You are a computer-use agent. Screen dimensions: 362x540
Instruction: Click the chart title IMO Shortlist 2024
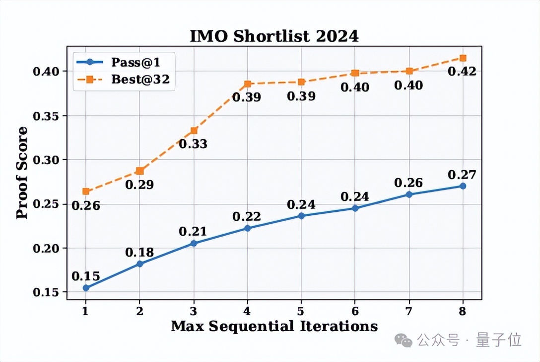point(274,36)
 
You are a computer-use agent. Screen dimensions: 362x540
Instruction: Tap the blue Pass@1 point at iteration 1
point(86,288)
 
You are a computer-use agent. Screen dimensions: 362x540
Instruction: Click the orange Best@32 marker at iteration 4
point(247,84)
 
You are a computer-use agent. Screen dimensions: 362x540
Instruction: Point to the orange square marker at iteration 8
point(463,58)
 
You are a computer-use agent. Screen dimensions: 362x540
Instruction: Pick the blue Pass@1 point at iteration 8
point(463,186)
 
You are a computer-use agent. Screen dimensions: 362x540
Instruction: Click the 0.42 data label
point(462,72)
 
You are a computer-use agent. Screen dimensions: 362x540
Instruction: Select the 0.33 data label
point(193,144)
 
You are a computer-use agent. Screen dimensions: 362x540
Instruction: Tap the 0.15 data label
point(86,276)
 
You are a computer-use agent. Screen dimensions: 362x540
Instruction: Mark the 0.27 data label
point(462,175)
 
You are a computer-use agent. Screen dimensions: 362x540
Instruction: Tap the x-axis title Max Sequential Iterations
point(274,326)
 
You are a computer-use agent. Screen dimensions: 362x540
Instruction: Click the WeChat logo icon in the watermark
point(403,340)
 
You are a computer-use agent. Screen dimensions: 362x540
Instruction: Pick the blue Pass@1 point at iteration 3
point(194,243)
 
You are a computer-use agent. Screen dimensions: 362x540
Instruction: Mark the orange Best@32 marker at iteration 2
point(139,171)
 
